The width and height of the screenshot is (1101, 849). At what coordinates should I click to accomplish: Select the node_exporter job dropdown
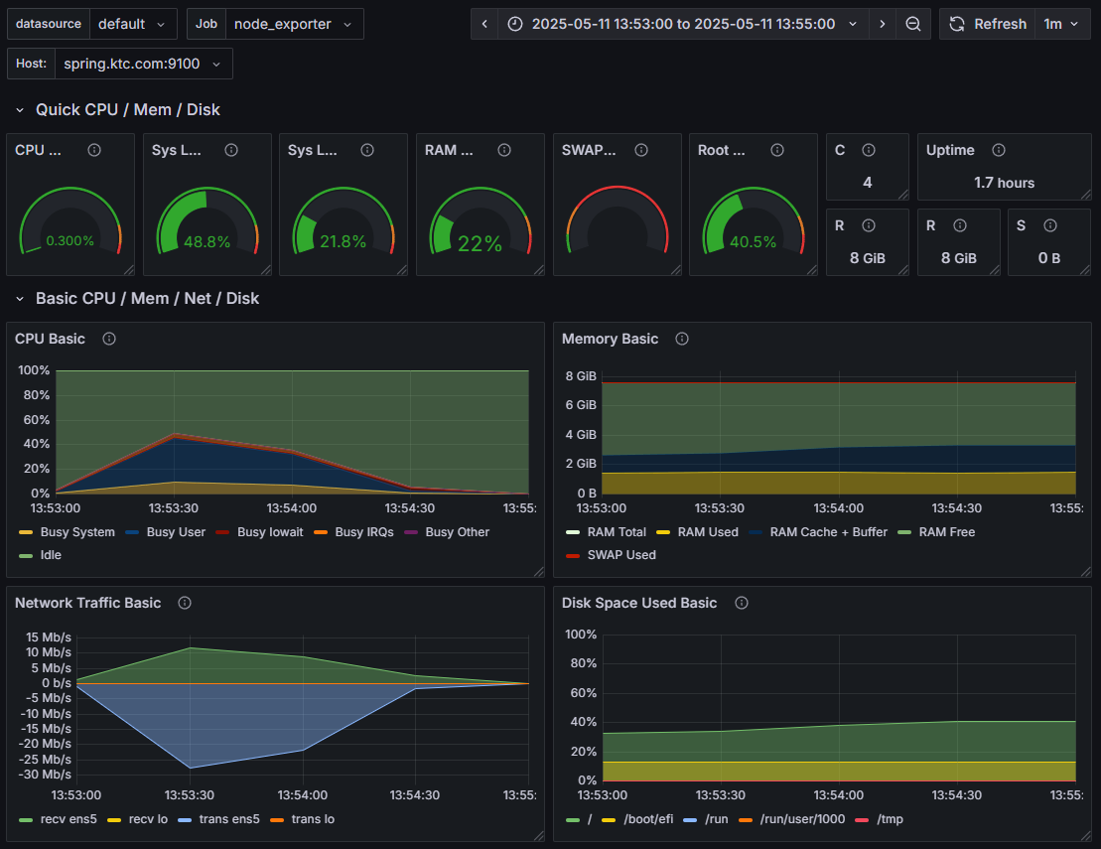point(293,24)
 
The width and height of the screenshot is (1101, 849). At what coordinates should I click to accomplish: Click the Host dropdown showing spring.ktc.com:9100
point(142,64)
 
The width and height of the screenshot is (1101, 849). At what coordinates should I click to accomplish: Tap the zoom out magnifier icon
point(912,24)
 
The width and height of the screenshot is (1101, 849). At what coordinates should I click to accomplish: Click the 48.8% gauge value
point(206,241)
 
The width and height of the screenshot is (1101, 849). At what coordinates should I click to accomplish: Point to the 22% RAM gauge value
point(480,243)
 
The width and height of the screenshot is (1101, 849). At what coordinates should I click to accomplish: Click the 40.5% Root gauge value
point(753,241)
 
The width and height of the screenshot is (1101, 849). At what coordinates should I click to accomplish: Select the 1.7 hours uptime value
point(1004,183)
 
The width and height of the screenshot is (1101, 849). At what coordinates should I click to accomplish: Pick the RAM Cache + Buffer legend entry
point(828,532)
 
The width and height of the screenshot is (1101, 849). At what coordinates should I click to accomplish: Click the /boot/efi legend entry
point(647,819)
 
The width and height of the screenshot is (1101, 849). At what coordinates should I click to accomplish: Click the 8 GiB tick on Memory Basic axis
point(580,376)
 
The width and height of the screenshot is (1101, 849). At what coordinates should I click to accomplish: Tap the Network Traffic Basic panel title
point(87,603)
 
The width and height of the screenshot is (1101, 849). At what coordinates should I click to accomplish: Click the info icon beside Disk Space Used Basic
point(742,603)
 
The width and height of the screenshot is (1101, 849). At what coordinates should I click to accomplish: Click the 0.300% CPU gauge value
point(69,240)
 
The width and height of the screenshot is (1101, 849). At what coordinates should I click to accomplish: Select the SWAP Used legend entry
point(620,555)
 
